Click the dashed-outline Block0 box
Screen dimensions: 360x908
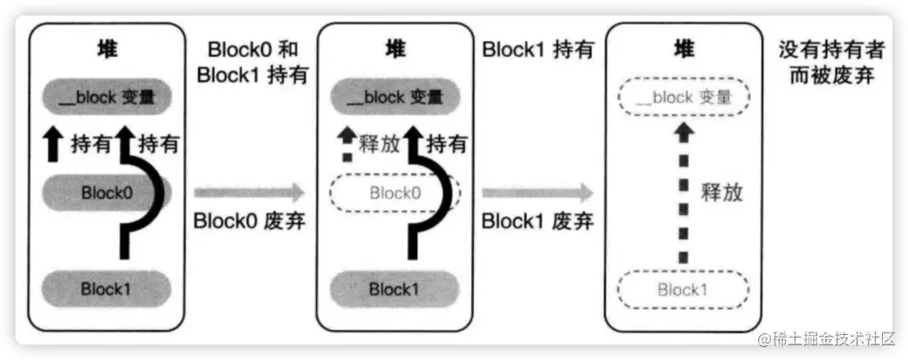[395, 193]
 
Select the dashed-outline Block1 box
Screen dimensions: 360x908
[682, 289]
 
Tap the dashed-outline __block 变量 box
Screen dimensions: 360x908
[682, 97]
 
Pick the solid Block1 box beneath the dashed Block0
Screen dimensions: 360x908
[395, 289]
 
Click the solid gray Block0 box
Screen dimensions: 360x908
[107, 193]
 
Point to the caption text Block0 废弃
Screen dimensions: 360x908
[251, 221]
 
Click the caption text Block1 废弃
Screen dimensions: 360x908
[538, 221]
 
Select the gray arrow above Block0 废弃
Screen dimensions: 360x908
[250, 191]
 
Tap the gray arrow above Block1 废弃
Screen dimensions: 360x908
[538, 191]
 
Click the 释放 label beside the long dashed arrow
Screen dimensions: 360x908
[721, 192]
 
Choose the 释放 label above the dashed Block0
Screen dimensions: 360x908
[379, 144]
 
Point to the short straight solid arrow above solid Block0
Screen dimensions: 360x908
[54, 144]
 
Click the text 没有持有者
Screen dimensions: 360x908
[827, 50]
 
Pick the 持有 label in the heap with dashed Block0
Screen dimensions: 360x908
[447, 144]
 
